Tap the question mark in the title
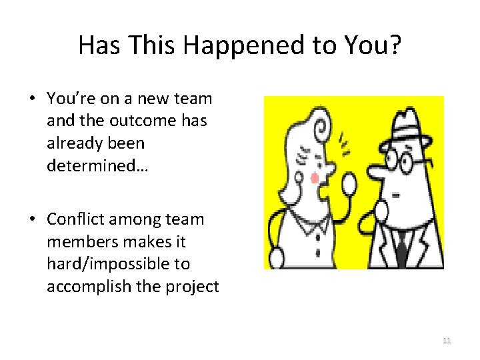395,45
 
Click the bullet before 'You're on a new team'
31,99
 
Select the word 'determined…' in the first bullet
98,165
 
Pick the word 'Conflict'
79,219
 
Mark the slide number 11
447,341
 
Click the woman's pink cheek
314,177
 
